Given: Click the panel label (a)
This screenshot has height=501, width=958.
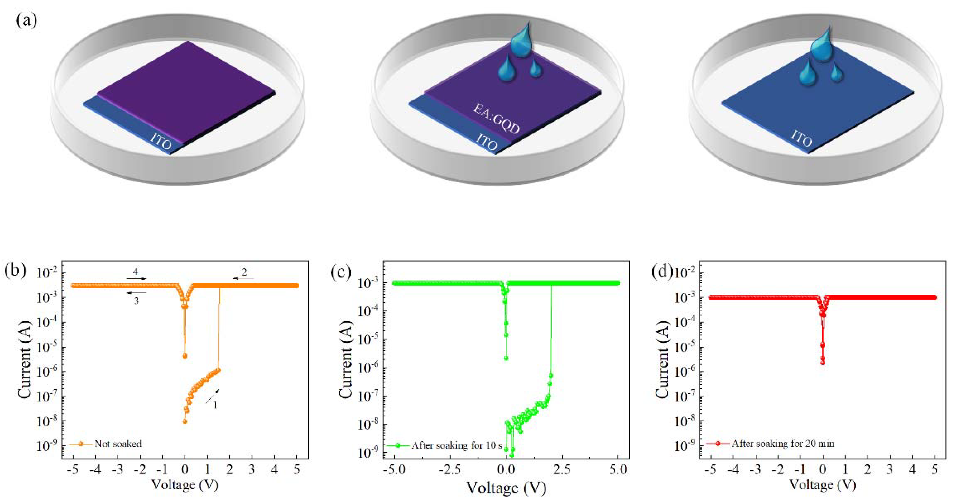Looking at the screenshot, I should pos(26,20).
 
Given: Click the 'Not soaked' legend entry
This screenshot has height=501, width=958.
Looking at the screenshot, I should pos(118,443).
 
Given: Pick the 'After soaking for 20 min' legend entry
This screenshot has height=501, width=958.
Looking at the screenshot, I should pos(783,443).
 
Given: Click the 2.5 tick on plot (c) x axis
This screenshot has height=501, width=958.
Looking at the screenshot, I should pos(562,469).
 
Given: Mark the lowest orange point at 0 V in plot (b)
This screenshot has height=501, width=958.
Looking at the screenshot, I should pos(185,421).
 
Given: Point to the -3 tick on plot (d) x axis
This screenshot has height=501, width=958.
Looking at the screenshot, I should pos(755,469).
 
